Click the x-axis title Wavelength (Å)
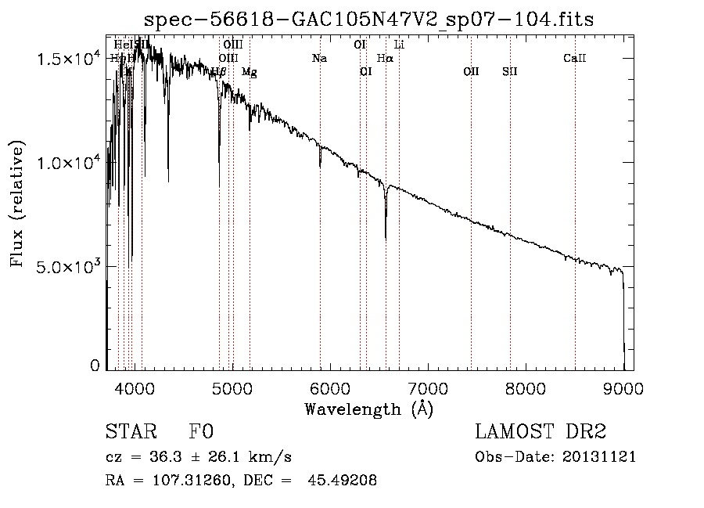coord(368,409)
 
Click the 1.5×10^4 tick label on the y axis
coord(68,59)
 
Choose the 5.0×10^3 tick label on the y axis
coord(68,266)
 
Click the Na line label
coord(319,58)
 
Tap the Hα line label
coord(385,58)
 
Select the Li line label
coord(399,45)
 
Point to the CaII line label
coord(575,58)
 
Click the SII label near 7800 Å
coord(510,71)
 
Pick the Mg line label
coord(249,71)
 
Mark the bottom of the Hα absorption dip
coord(386,238)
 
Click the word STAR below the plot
coord(130,432)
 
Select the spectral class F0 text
coord(201,432)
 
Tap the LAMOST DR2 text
coord(541,432)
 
